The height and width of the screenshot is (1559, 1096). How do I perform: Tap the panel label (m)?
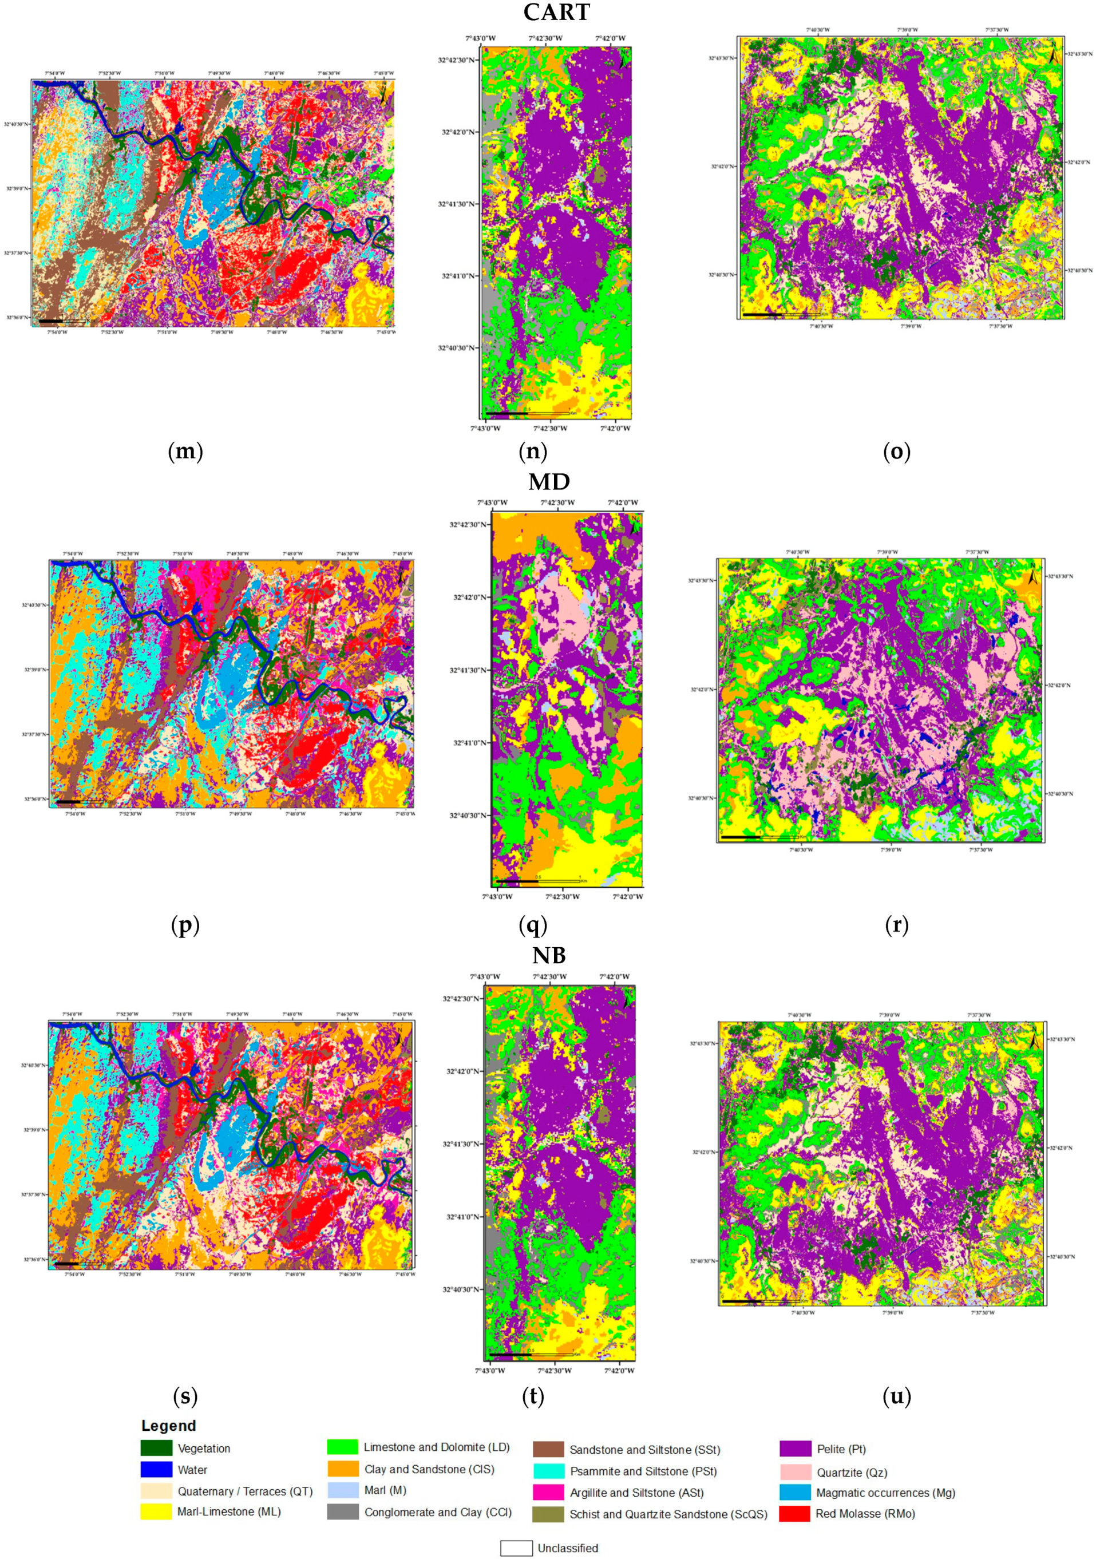(x=185, y=451)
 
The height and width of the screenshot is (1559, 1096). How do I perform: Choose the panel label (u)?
(x=896, y=1396)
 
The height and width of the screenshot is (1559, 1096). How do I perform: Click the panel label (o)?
(x=896, y=451)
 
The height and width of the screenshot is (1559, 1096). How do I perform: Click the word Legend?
(x=168, y=1426)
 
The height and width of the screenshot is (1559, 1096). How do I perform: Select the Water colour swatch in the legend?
(x=156, y=1469)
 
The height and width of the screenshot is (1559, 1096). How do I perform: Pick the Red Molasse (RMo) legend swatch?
(x=794, y=1514)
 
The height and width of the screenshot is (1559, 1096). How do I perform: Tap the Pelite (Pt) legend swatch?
(x=794, y=1449)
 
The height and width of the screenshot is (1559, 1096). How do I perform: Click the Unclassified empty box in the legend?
(x=516, y=1548)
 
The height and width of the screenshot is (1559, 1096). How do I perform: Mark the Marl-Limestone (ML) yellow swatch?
(x=156, y=1511)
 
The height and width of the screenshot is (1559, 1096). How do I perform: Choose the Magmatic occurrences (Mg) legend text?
(x=885, y=1493)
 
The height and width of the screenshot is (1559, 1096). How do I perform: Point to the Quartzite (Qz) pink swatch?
(x=794, y=1471)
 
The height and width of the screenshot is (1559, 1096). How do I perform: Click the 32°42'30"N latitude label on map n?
(x=457, y=60)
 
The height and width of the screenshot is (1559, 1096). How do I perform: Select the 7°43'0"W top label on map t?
(x=485, y=976)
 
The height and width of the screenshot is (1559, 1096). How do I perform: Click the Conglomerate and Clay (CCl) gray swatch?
(x=343, y=1512)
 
